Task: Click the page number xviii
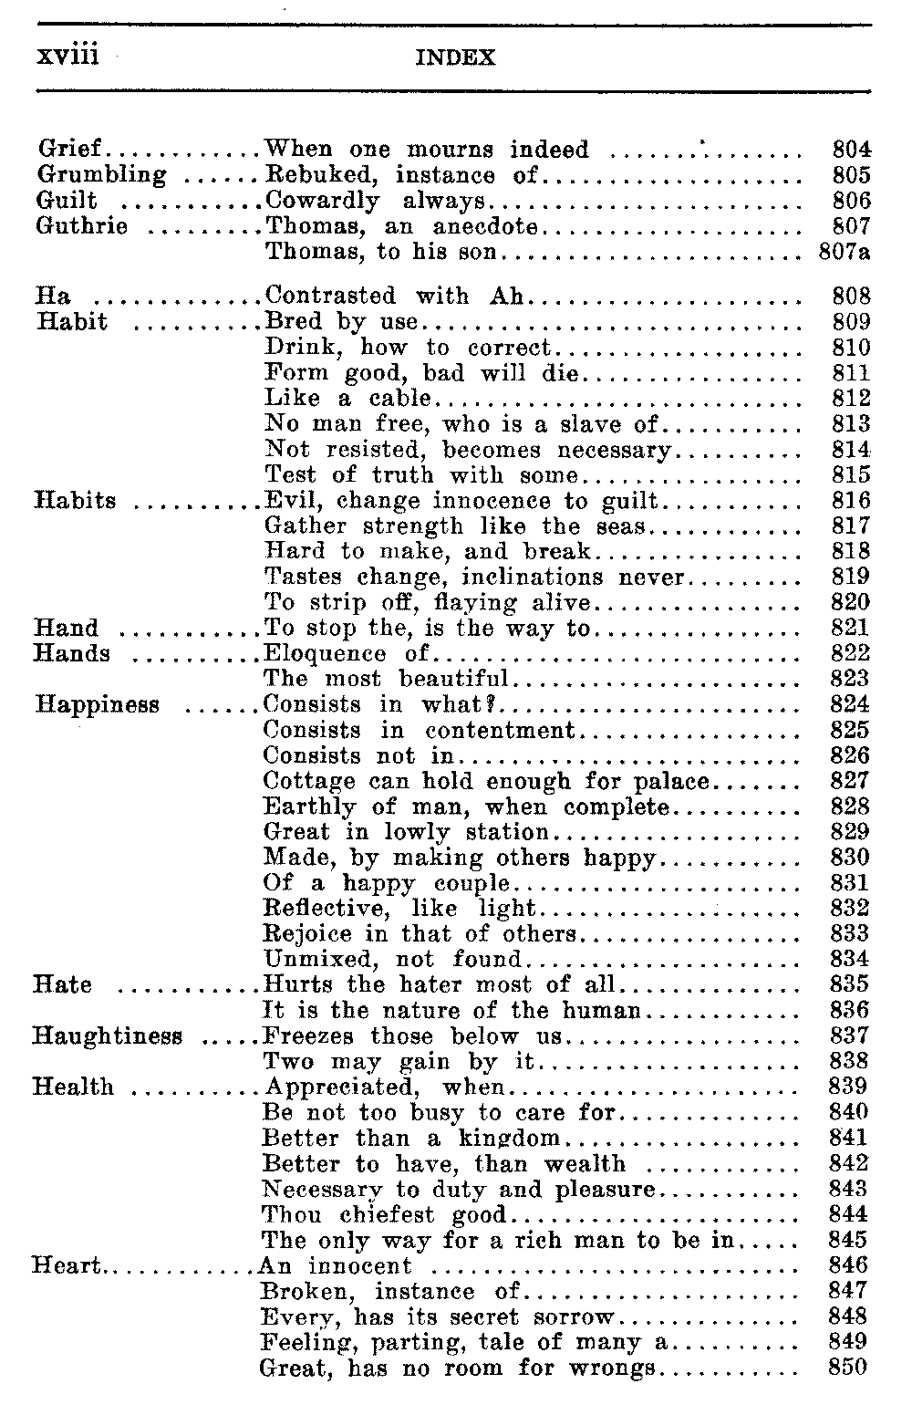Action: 66,56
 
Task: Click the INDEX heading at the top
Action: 455,58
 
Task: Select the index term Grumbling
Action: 101,174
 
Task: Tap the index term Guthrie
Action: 81,225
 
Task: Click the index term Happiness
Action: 98,704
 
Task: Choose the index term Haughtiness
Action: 108,1036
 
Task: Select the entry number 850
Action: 850,1368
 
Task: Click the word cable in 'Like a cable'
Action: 399,399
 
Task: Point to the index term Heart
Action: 64,1265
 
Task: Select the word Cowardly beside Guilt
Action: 323,201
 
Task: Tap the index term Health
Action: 73,1087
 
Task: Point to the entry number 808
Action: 852,297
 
